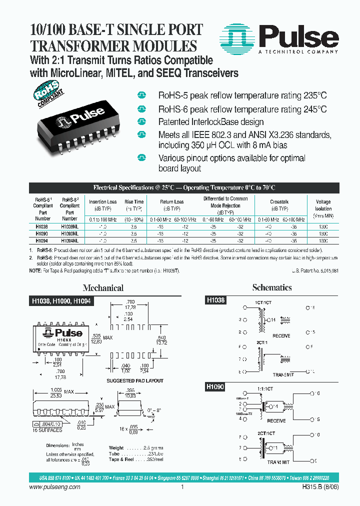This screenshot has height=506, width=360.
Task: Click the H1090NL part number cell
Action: pos(69,233)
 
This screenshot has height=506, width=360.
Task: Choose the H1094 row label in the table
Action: pos(42,240)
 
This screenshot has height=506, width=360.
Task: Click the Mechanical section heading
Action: pos(103,288)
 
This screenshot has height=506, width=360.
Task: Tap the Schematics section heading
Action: pos(272,287)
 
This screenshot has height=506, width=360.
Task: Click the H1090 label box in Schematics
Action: pos(216,387)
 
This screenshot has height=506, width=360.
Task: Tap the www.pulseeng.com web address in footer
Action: pos(55,486)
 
